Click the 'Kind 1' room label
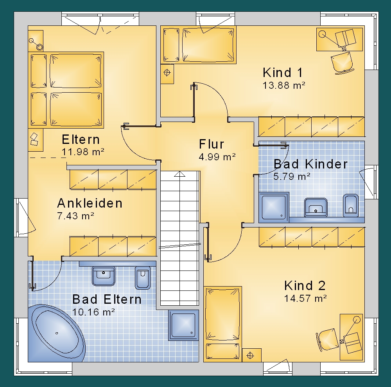pos(283,73)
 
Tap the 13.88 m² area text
pos(284,86)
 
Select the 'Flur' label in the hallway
pos(212,144)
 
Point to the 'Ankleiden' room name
pos(90,203)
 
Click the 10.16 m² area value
pos(93,312)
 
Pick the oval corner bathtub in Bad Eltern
pos(57,333)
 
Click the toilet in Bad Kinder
pos(351,205)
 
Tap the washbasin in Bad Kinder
pos(316,207)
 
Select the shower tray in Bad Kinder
pos(274,207)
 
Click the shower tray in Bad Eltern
pos(183,325)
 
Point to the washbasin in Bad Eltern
pos(104,276)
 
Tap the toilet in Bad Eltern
pos(143,278)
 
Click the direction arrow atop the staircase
pos(179,174)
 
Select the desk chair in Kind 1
pos(342,63)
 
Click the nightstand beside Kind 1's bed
pos(167,73)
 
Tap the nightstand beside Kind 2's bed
pos(251,355)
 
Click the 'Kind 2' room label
pos(305,286)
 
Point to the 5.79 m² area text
pos(292,177)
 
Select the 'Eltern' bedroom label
pos(81,140)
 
